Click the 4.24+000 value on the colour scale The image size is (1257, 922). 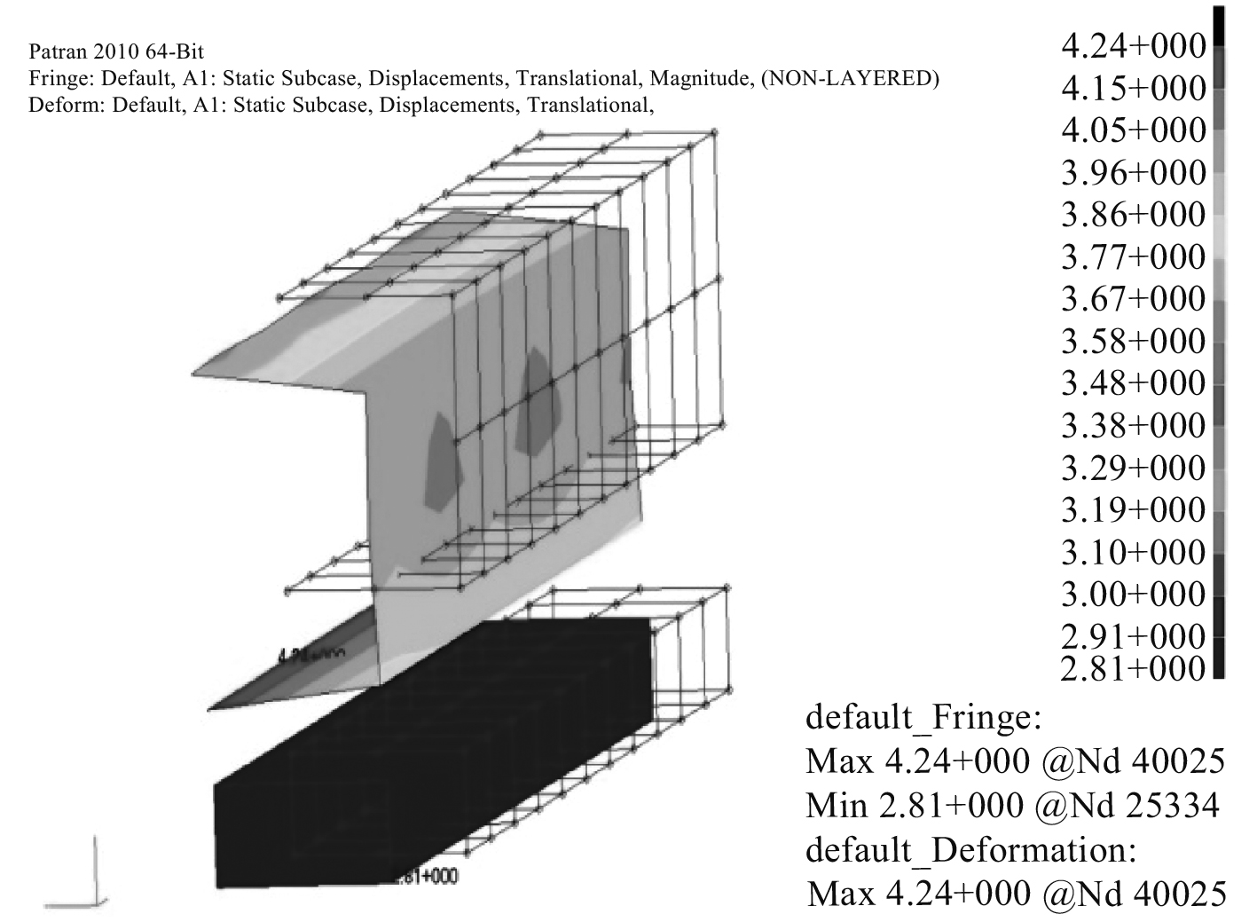(1133, 45)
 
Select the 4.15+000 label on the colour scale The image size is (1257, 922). (1133, 88)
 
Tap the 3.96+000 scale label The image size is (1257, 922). (1133, 172)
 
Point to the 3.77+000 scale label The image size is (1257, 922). (1133, 257)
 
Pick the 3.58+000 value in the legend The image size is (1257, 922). (1133, 342)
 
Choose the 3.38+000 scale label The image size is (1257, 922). (1133, 426)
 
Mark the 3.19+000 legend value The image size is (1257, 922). (1133, 510)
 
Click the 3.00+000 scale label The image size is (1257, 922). (1133, 594)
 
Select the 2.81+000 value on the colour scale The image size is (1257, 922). (1133, 666)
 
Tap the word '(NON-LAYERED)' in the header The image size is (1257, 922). (850, 79)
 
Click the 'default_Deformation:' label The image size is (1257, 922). (970, 849)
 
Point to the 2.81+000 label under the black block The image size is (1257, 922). (425, 877)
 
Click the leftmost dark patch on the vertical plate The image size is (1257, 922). (441, 461)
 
